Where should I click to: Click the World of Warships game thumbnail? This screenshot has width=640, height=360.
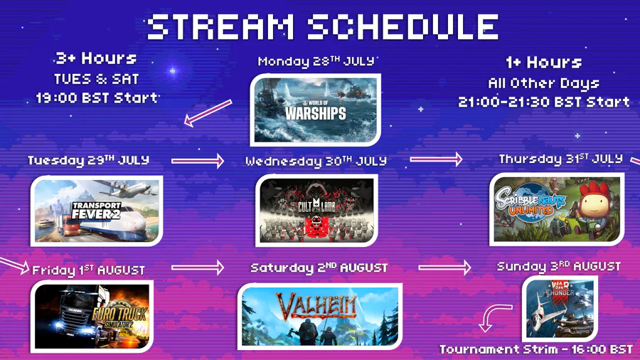tap(316, 110)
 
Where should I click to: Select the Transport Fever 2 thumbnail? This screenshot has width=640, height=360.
tap(97, 211)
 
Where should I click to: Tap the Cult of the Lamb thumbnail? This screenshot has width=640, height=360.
tap(316, 210)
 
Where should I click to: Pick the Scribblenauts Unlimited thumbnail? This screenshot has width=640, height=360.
tap(557, 209)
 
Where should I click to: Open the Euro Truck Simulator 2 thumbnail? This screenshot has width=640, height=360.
tap(92, 317)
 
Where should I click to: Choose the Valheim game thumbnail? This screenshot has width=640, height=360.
tap(319, 317)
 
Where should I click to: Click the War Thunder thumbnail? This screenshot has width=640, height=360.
tap(560, 309)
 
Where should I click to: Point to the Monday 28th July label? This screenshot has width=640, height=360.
tap(316, 61)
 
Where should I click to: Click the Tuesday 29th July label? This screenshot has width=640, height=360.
tap(88, 160)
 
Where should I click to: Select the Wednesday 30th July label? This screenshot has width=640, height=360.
tap(316, 162)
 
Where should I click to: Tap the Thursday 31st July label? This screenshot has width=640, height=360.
tap(561, 159)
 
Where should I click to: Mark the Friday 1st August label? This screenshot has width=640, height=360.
tap(88, 270)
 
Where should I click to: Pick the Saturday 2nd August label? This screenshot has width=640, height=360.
tap(319, 268)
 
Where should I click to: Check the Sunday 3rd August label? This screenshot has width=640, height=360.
tap(559, 267)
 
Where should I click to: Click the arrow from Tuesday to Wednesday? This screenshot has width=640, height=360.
tap(198, 161)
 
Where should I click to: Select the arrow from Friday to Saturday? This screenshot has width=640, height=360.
tap(198, 268)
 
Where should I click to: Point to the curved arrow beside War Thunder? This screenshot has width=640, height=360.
tap(490, 314)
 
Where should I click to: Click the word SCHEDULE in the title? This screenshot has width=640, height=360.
tap(403, 27)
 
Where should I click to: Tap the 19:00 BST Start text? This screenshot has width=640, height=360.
tap(97, 98)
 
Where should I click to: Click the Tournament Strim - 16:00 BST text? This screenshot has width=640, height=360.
tap(536, 349)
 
